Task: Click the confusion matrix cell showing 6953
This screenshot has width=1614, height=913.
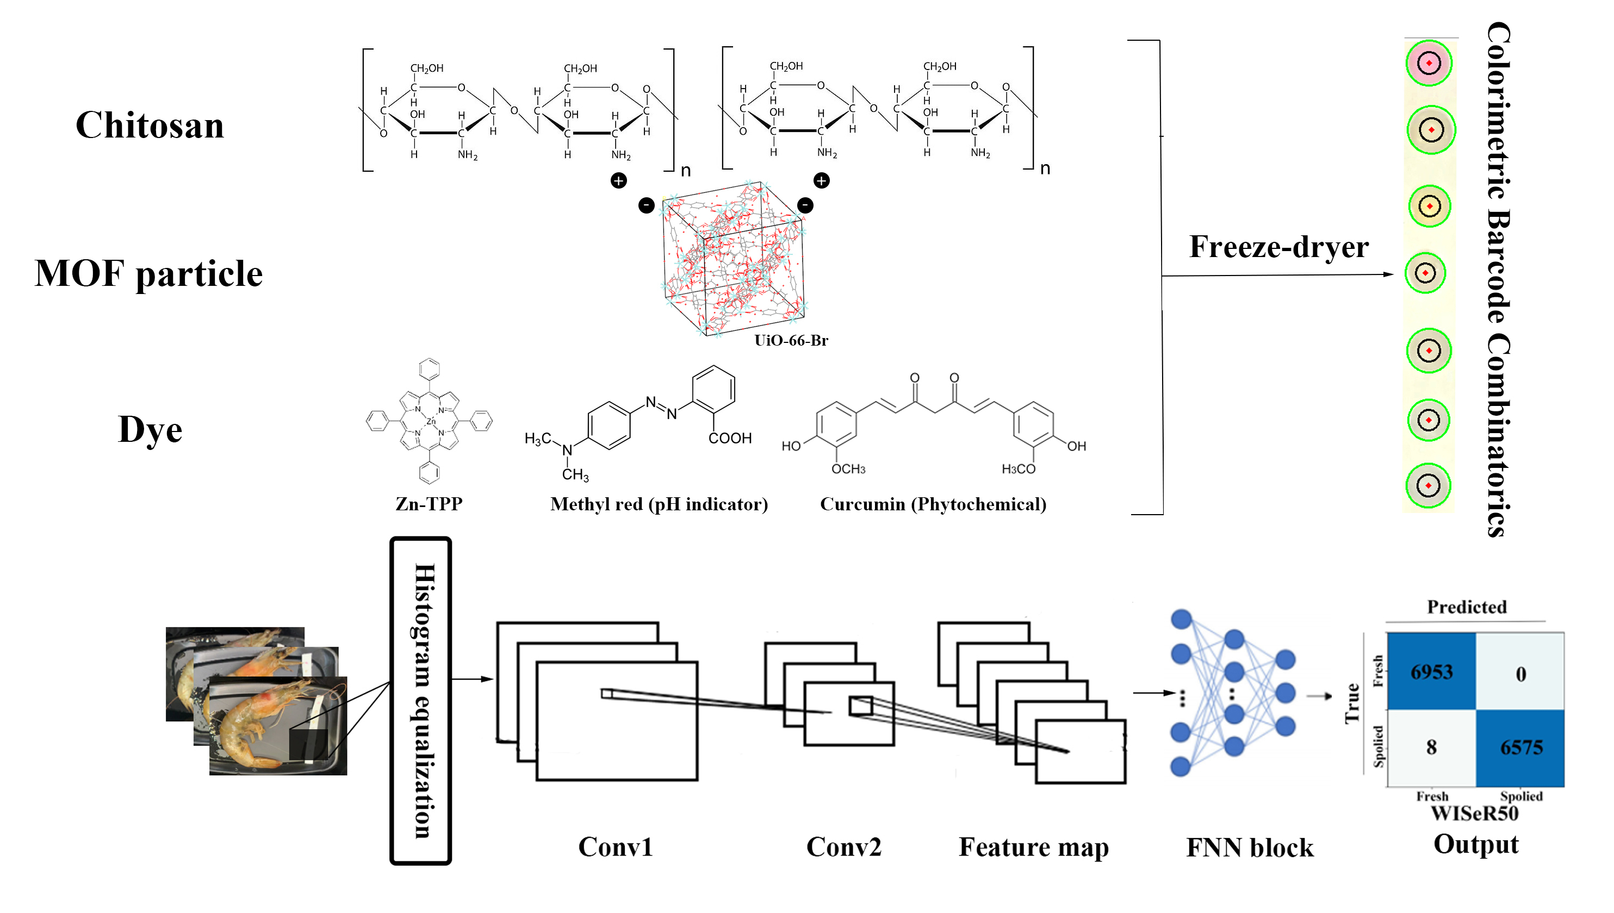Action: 1431,672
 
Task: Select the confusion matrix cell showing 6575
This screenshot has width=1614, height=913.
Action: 1520,747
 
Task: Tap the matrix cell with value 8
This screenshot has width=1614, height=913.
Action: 1431,747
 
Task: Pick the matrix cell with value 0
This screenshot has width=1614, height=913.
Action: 1520,673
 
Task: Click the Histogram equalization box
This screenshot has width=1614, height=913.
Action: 421,701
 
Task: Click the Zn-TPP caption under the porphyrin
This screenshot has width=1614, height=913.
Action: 429,504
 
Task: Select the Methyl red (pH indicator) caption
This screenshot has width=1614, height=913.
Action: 659,504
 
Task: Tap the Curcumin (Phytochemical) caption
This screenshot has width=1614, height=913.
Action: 933,504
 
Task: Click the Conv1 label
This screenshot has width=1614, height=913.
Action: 616,847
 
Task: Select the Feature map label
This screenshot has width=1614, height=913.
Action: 1033,847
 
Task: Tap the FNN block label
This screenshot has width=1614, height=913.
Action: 1250,848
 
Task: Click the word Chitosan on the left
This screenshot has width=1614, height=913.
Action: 150,125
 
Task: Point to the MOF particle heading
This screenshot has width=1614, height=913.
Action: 148,273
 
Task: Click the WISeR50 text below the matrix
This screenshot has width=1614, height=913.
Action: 1474,814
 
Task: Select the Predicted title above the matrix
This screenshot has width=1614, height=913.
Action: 1467,606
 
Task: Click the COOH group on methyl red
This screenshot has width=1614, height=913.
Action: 730,437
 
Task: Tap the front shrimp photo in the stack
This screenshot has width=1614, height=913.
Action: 277,726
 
